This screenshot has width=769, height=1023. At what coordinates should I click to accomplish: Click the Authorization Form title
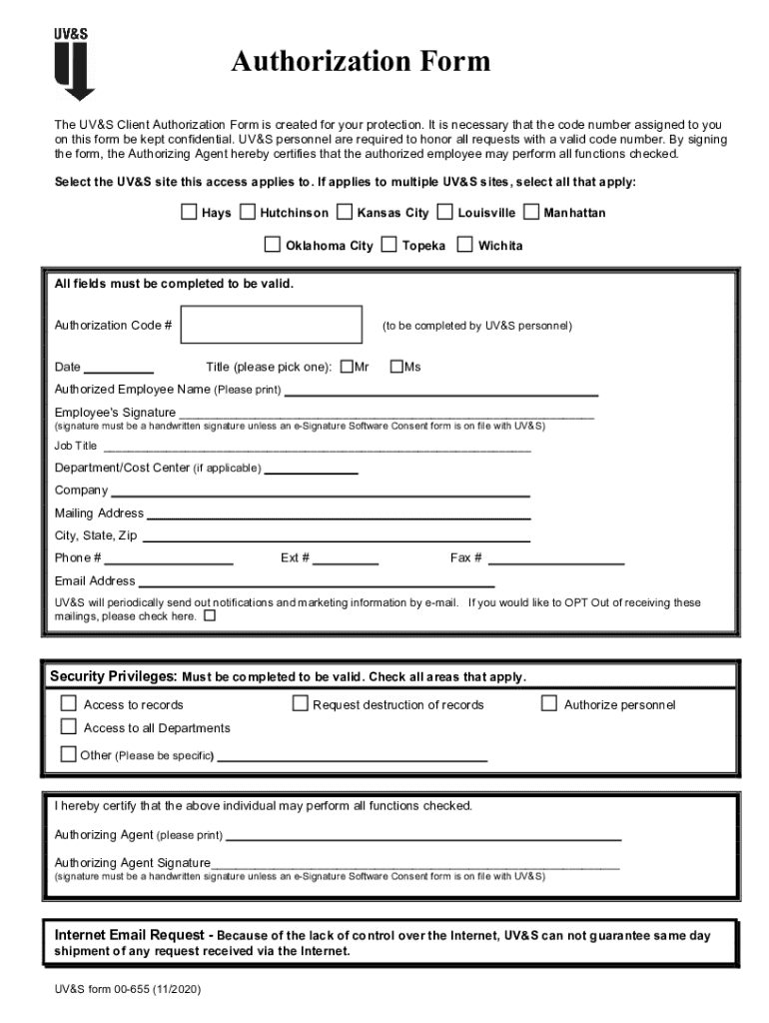361,62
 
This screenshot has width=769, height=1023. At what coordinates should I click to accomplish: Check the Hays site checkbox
189,212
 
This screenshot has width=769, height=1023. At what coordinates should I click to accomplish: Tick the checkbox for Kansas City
345,212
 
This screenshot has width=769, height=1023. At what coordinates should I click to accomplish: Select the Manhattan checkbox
531,212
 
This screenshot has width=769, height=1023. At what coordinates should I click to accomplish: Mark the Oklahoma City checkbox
273,244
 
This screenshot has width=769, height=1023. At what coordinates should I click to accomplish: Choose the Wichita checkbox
465,244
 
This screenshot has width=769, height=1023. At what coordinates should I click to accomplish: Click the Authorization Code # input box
272,325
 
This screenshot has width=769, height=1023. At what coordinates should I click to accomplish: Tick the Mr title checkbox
347,366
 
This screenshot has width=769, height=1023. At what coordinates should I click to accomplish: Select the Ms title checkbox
396,366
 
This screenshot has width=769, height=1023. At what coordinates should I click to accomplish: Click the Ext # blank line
346,562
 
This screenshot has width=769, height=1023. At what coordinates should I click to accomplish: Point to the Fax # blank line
555,562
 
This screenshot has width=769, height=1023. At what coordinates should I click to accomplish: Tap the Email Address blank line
316,584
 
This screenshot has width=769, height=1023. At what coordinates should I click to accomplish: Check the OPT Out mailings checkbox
210,616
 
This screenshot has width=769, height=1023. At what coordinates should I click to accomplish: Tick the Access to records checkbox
69,703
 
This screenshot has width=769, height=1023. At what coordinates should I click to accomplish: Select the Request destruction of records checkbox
300,703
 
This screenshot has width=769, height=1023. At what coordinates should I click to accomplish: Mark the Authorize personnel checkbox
548,703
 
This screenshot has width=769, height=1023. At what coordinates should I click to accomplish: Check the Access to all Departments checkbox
69,726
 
